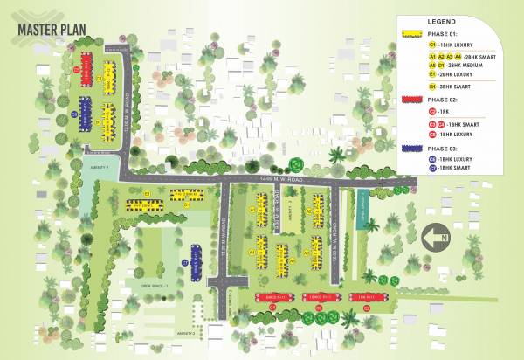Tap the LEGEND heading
[x=442, y=20]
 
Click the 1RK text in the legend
[x=445, y=112]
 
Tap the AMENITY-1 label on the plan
[x=98, y=167]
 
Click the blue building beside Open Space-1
[x=196, y=260]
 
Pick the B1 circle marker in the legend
[x=432, y=87]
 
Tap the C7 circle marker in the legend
[x=432, y=167]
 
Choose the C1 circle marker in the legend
[x=432, y=43]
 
